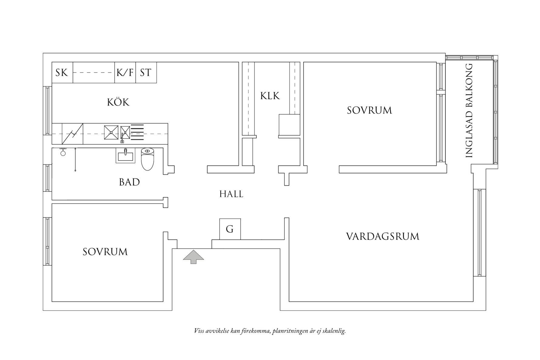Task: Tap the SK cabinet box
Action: coord(62,72)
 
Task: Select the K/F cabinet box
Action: coord(125,72)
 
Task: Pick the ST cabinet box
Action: coord(146,72)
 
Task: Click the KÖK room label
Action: coord(118,102)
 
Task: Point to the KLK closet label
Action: coord(270,96)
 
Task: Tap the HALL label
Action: coord(231,194)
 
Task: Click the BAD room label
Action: coord(129,182)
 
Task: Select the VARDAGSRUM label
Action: coord(383,237)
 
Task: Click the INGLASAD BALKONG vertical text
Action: coord(469,110)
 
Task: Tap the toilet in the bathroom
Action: coord(147,159)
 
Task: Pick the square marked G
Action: coord(230,229)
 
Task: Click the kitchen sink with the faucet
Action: coord(125,133)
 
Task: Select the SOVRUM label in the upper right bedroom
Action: coord(369,110)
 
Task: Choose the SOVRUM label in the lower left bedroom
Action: coord(105,252)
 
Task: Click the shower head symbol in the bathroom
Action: coord(63,152)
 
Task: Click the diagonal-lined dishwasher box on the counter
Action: coord(73,133)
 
